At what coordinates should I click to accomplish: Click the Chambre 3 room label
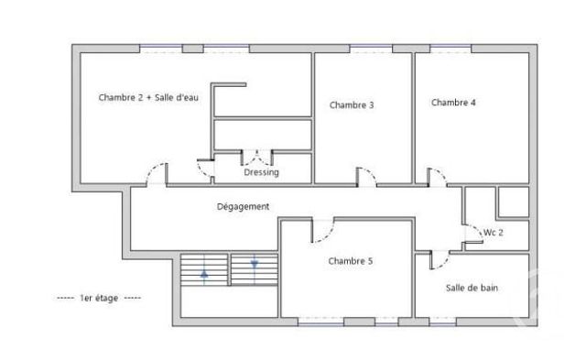click(352, 105)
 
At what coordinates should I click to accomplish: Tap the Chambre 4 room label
click(453, 103)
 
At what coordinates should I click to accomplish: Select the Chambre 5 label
click(351, 261)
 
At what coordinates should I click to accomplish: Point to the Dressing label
click(261, 172)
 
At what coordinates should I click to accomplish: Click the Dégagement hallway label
click(243, 207)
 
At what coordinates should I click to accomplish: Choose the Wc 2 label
click(494, 233)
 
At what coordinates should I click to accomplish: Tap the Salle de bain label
click(472, 289)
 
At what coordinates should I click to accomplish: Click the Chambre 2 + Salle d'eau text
click(148, 98)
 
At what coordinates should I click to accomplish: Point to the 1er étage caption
click(99, 299)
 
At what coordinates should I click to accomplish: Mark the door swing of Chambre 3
click(365, 176)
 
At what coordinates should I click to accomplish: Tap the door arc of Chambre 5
click(322, 230)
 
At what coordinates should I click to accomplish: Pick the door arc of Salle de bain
click(438, 259)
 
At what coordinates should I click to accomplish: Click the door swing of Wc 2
click(472, 235)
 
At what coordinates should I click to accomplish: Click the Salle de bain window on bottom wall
click(443, 322)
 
